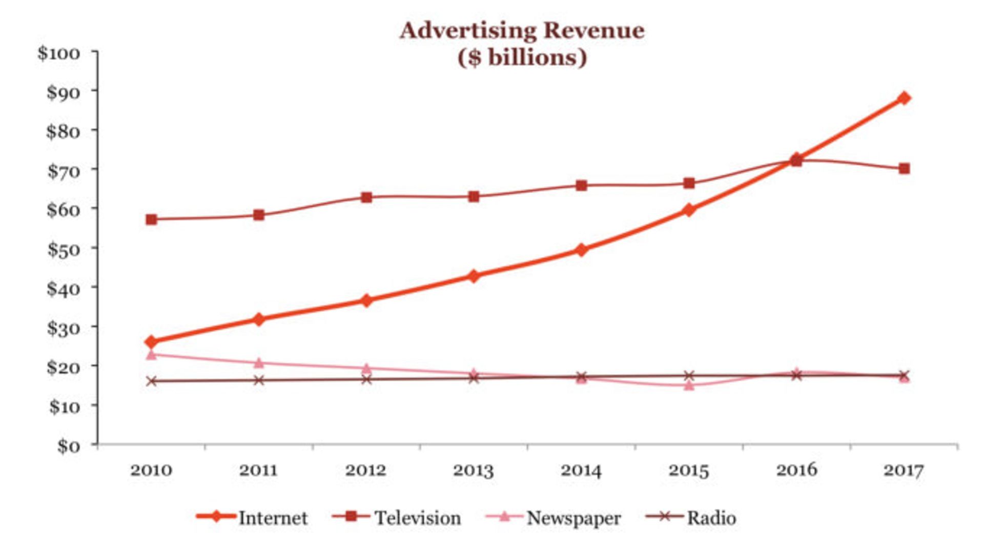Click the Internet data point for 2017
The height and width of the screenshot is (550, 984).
point(904,98)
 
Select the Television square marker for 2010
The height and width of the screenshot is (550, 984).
point(151,219)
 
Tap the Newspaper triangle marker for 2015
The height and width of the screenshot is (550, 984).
point(689,385)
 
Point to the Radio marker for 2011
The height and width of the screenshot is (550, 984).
point(259,380)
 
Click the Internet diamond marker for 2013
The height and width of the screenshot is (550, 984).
point(474,276)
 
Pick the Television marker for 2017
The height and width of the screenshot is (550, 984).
point(904,169)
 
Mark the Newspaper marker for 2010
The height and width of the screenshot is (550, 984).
point(151,354)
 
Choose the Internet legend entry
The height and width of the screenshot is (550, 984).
point(252,518)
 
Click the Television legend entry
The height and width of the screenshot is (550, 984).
point(397,518)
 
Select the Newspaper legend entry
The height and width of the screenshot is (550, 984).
point(553,518)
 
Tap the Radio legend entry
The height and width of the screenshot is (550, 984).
point(691,518)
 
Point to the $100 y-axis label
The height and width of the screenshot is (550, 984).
point(59,53)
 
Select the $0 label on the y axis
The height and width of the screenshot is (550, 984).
point(69,446)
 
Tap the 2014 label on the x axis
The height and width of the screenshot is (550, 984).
point(581,471)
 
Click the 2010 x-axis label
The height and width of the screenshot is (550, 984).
point(151,471)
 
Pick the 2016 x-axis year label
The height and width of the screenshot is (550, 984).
point(796,471)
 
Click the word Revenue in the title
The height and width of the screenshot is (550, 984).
point(593,31)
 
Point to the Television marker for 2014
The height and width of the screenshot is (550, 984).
point(581,185)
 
